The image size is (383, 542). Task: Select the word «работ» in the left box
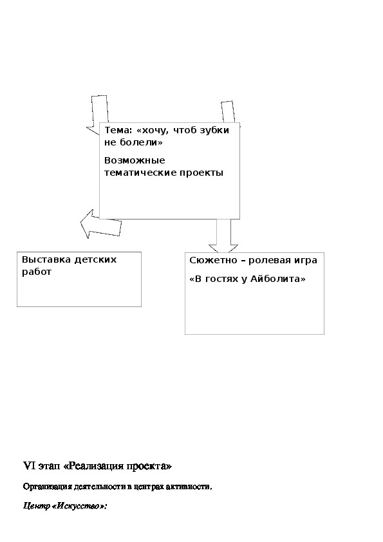click(x=37, y=272)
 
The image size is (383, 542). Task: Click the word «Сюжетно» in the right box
click(x=212, y=260)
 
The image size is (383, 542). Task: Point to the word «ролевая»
click(x=270, y=260)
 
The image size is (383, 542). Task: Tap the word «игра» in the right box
click(x=306, y=261)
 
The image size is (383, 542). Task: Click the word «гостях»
click(x=221, y=279)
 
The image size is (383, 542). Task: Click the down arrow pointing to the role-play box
click(x=223, y=236)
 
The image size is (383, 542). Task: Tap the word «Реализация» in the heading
click(x=93, y=466)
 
